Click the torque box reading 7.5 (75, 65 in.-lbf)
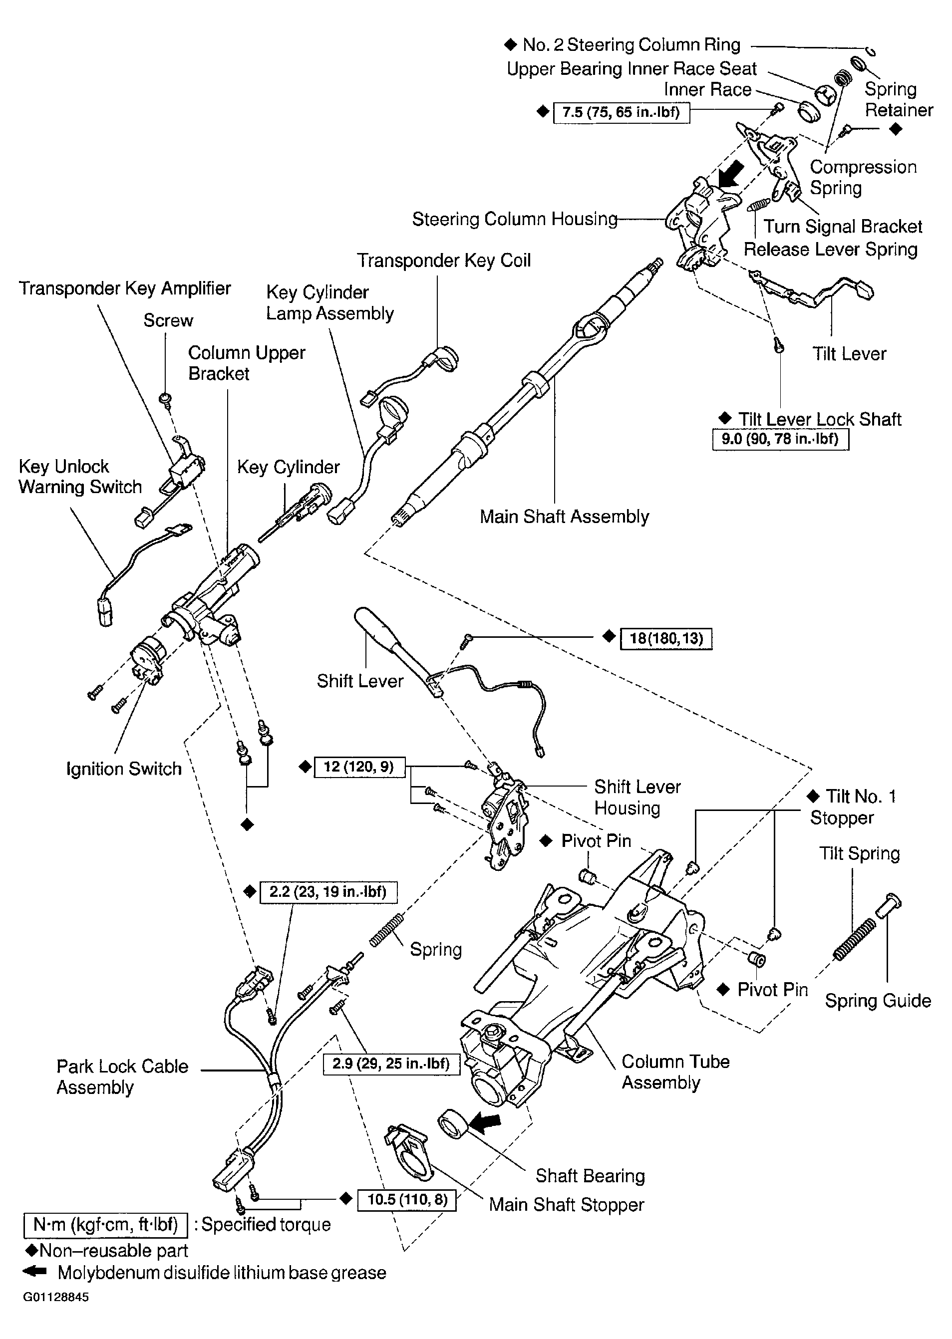pyautogui.click(x=621, y=112)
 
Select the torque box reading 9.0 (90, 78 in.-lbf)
pyautogui.click(x=780, y=439)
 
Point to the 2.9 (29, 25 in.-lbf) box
pyautogui.click(x=391, y=1064)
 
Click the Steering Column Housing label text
pyautogui.click(x=515, y=219)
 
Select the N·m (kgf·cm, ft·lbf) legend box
pyautogui.click(x=105, y=1224)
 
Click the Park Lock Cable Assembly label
pyautogui.click(x=122, y=1076)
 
